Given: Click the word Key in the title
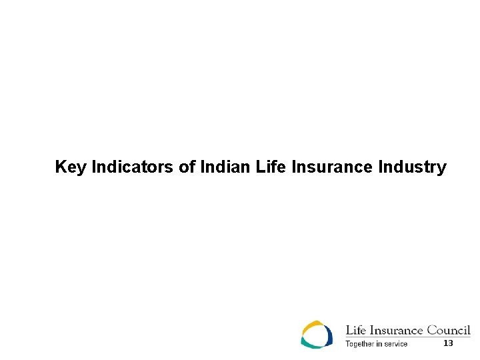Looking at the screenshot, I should point(70,167).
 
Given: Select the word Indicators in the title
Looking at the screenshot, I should point(133,167).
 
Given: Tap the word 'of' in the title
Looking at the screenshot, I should point(187,167).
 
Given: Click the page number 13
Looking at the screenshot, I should point(448,343).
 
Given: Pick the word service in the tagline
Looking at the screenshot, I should point(395,344).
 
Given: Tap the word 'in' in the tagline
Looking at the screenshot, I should point(379,344).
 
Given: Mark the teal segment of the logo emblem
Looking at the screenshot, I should point(311,343).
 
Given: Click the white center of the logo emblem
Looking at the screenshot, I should point(316,334).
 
